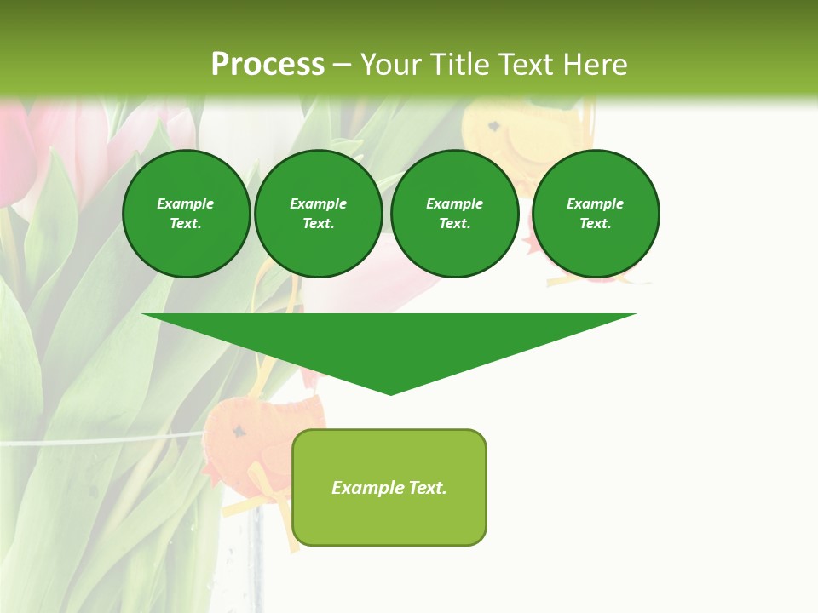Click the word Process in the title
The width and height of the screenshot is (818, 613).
[268, 65]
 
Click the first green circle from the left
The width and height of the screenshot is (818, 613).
[186, 214]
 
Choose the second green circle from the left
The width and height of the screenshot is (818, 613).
[318, 214]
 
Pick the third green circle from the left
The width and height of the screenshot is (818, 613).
[454, 214]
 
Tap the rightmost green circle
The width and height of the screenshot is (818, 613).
[596, 214]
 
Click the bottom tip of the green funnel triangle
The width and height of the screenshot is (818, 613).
[390, 392]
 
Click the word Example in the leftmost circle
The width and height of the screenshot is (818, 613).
[186, 203]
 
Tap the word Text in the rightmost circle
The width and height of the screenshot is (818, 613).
[595, 224]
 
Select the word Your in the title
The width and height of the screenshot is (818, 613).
[390, 65]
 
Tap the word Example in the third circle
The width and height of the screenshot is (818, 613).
[454, 203]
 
